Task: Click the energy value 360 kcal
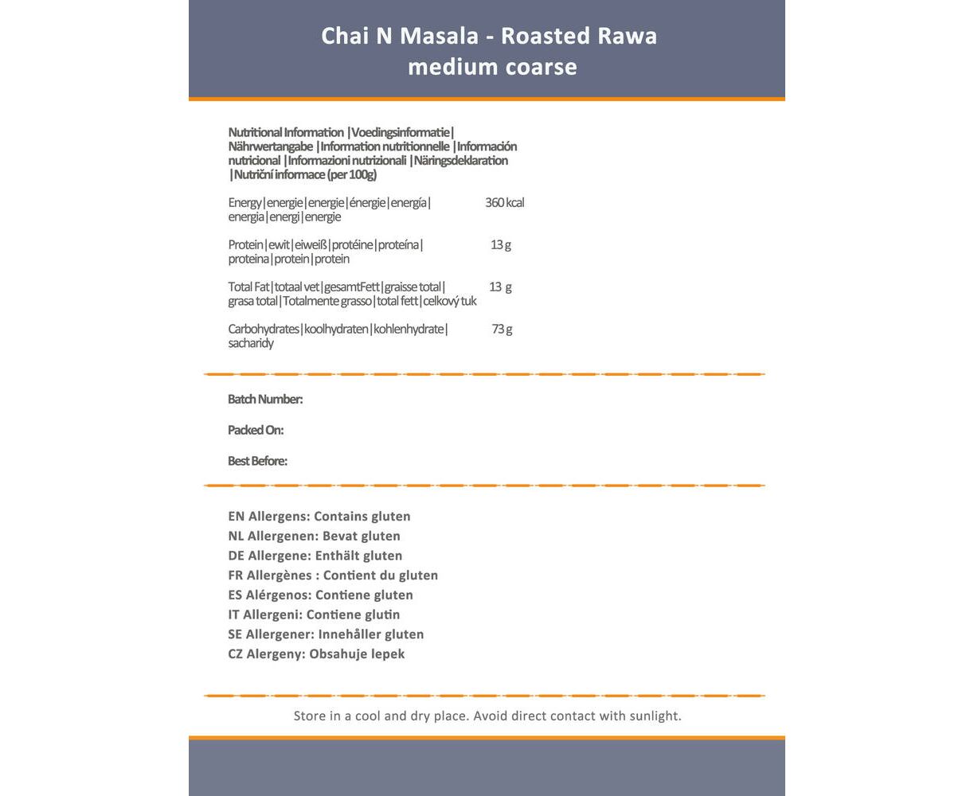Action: pyautogui.click(x=504, y=203)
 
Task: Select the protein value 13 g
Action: pyautogui.click(x=501, y=245)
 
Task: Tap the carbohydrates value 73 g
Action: pyautogui.click(x=502, y=330)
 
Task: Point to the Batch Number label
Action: pyautogui.click(x=265, y=400)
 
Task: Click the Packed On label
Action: pyautogui.click(x=256, y=431)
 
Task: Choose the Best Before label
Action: pyautogui.click(x=257, y=462)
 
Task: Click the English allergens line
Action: pyautogui.click(x=319, y=517)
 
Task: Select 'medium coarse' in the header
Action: pyautogui.click(x=492, y=67)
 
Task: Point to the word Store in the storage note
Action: pyautogui.click(x=311, y=716)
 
